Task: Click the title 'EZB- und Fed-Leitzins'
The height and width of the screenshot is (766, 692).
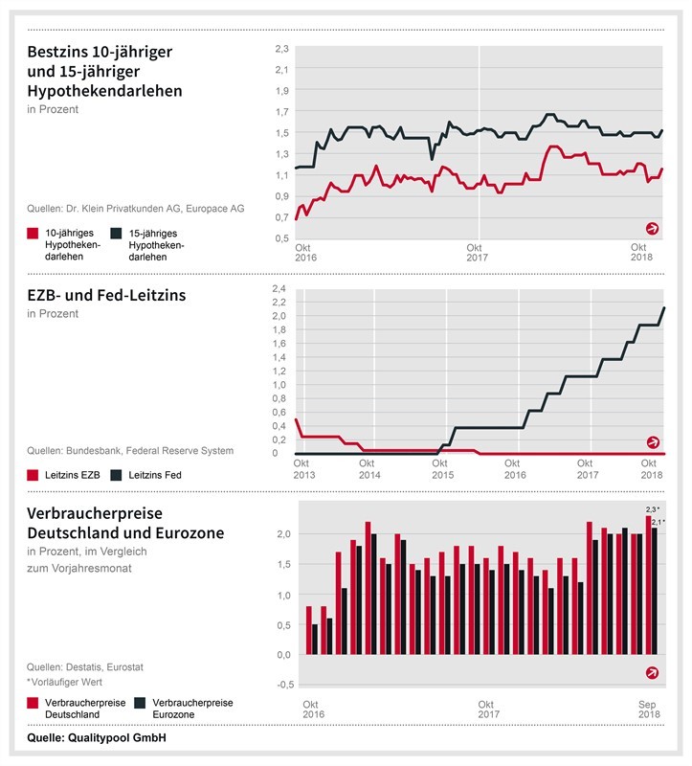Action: pyautogui.click(x=106, y=295)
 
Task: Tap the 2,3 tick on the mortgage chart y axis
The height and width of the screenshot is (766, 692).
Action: pyautogui.click(x=281, y=48)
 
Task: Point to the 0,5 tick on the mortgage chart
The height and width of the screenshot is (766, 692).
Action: pyautogui.click(x=281, y=238)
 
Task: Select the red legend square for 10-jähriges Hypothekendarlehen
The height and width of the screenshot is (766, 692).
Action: pyautogui.click(x=33, y=233)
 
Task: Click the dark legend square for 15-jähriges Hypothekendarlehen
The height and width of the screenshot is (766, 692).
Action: pyautogui.click(x=116, y=233)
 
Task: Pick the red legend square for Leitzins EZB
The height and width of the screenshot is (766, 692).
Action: pyautogui.click(x=33, y=474)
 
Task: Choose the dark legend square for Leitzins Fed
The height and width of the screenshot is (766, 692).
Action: pyautogui.click(x=117, y=474)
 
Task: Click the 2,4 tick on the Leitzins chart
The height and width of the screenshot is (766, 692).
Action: pyautogui.click(x=281, y=288)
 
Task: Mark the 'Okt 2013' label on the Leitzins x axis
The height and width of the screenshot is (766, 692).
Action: pyautogui.click(x=303, y=469)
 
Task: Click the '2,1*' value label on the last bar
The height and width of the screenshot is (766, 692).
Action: pyautogui.click(x=658, y=521)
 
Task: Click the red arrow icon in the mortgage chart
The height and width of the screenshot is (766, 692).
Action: pyautogui.click(x=653, y=228)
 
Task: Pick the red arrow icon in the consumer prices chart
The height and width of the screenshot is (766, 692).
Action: pyautogui.click(x=653, y=672)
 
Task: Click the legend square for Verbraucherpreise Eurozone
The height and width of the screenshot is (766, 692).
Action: pyautogui.click(x=140, y=702)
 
